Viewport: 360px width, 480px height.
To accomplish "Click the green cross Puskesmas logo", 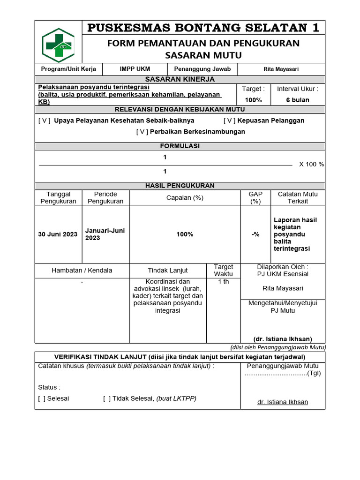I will tap(59, 45).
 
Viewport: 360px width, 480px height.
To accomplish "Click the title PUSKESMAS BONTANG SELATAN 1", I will tap(203, 28).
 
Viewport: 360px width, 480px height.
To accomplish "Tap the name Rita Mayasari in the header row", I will tap(281, 69).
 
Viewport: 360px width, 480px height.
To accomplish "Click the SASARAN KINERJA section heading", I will tap(180, 79).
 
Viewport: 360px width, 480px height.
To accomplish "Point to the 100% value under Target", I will tap(253, 100).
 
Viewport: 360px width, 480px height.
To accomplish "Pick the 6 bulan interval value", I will tap(298, 100).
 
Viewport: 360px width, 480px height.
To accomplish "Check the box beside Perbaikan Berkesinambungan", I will tap(142, 132).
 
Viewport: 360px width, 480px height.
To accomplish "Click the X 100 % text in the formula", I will tap(311, 165).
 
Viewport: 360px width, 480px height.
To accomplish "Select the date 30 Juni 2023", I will tap(58, 234).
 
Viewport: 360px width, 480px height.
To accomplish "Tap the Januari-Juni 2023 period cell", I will tap(105, 234).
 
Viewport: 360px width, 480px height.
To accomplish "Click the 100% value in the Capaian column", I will tap(185, 234).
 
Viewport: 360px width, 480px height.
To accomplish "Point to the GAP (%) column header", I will tap(255, 198).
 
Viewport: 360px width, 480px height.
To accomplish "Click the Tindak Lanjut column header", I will tap(168, 270).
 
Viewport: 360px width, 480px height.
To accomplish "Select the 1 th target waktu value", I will tap(223, 282).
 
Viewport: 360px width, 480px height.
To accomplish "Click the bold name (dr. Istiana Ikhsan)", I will tap(283, 339).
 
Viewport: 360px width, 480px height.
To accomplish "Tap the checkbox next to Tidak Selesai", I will tap(107, 398).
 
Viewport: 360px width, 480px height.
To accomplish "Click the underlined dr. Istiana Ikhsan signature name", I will tap(283, 402).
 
